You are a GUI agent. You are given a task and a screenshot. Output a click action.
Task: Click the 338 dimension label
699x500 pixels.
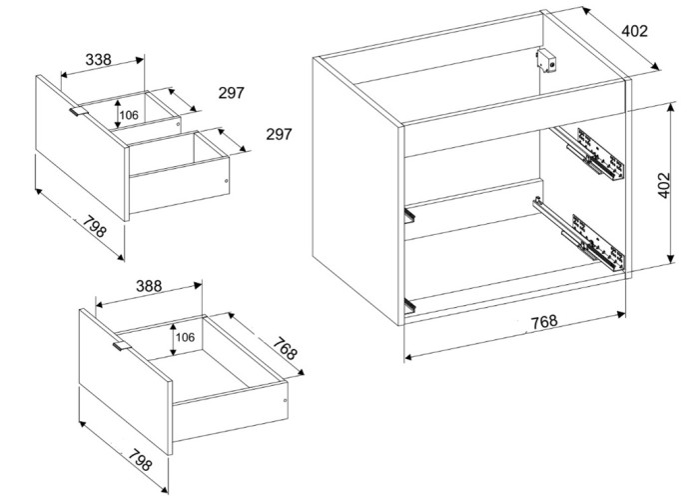98,59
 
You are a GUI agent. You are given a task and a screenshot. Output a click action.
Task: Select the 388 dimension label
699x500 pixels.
149,286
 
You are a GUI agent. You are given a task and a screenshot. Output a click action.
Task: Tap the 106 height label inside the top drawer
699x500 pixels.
129,115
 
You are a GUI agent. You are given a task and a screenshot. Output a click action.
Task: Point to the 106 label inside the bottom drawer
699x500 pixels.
185,337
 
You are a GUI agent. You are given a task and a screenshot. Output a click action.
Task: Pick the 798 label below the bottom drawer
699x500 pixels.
140,459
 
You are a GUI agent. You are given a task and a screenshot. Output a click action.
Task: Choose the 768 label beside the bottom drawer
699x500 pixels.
285,349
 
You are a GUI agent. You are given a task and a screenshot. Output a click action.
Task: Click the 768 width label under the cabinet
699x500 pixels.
544,321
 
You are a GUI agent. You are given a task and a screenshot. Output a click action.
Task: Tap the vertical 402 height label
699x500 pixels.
663,185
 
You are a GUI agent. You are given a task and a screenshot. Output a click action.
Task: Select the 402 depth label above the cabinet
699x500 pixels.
634,31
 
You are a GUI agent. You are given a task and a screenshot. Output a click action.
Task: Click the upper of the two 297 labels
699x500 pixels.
232,93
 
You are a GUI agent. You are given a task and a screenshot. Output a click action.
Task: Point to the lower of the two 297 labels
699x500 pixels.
279,134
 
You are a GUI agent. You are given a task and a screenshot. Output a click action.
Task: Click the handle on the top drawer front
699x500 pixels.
78,111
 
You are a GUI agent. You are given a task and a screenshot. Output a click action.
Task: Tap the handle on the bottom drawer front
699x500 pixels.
121,346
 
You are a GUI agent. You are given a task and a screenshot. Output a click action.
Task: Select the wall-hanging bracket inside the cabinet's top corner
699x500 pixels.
546,60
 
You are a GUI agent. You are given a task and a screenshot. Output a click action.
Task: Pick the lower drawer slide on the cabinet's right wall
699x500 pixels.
579,235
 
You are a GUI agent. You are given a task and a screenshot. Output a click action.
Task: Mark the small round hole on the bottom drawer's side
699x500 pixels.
286,400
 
